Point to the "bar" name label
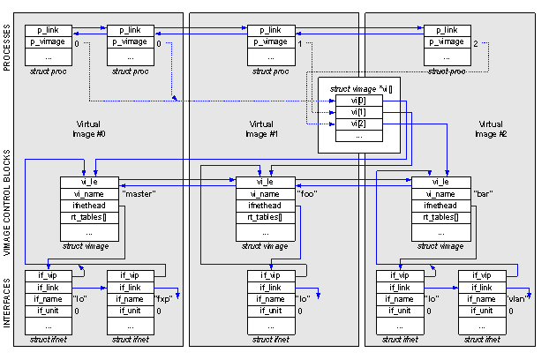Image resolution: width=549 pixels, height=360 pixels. [483, 193]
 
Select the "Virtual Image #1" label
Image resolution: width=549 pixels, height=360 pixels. [262, 129]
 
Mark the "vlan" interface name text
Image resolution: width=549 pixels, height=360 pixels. [516, 298]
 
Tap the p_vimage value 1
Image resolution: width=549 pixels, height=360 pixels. [300, 42]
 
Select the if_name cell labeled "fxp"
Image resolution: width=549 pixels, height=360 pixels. [130, 298]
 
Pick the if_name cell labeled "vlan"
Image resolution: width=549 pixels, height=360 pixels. [481, 298]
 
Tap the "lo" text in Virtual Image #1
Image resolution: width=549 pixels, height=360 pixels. [303, 298]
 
